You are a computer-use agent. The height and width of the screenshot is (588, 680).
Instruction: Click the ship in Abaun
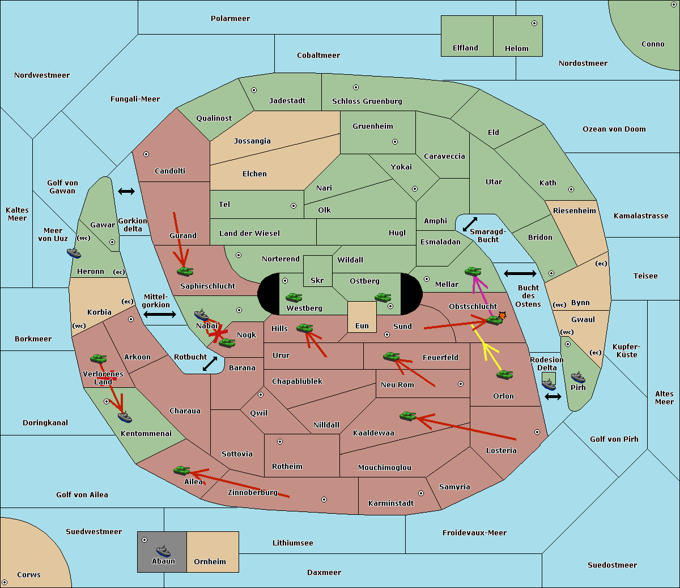pyautogui.click(x=163, y=551)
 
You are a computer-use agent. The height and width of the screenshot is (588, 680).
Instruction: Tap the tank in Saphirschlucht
pyautogui.click(x=185, y=271)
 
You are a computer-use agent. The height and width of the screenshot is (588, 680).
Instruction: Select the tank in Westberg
pyautogui.click(x=294, y=298)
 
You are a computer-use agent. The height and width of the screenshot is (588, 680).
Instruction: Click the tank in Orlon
pyautogui.click(x=505, y=375)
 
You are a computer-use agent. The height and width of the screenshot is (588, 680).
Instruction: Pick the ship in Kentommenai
pyautogui.click(x=125, y=417)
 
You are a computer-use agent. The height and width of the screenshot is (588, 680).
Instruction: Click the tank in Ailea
pyautogui.click(x=181, y=471)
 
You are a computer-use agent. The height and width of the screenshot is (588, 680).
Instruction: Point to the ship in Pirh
pyautogui.click(x=578, y=377)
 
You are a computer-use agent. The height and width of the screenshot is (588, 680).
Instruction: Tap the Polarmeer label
pyautogui.click(x=230, y=19)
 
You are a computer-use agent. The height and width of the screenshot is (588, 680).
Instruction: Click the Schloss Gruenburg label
pyautogui.click(x=367, y=101)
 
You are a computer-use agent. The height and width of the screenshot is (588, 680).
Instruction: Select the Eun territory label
pyautogui.click(x=362, y=325)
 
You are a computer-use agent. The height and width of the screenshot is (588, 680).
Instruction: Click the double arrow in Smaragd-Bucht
pyautogui.click(x=470, y=224)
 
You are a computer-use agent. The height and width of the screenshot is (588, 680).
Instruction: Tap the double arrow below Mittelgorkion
pyautogui.click(x=160, y=314)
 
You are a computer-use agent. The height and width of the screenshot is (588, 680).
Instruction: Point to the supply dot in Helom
pyautogui.click(x=534, y=23)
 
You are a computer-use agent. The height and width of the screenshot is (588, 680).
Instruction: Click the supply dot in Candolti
pyautogui.click(x=146, y=154)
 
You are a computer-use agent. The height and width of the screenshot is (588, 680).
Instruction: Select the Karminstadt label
pyautogui.click(x=391, y=503)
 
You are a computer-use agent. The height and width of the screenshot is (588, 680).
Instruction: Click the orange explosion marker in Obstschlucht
pyautogui.click(x=502, y=316)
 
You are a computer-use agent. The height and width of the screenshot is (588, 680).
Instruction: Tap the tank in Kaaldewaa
pyautogui.click(x=407, y=416)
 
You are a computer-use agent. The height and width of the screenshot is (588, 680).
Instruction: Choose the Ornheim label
pyautogui.click(x=210, y=561)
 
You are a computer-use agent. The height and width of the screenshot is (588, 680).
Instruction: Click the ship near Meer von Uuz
pyautogui.click(x=74, y=253)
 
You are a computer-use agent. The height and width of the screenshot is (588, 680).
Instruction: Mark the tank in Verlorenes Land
pyautogui.click(x=99, y=358)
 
